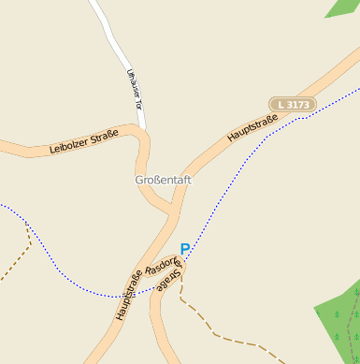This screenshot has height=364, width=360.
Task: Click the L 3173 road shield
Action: tap(293, 105)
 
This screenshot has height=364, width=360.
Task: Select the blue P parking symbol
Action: tap(185, 249)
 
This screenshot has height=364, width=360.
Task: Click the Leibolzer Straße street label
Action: tap(84, 143)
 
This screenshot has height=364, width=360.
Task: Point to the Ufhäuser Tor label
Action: tap(134, 88)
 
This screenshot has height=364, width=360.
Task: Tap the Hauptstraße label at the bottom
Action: tap(129, 295)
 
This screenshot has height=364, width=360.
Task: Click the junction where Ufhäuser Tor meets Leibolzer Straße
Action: tap(140, 132)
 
